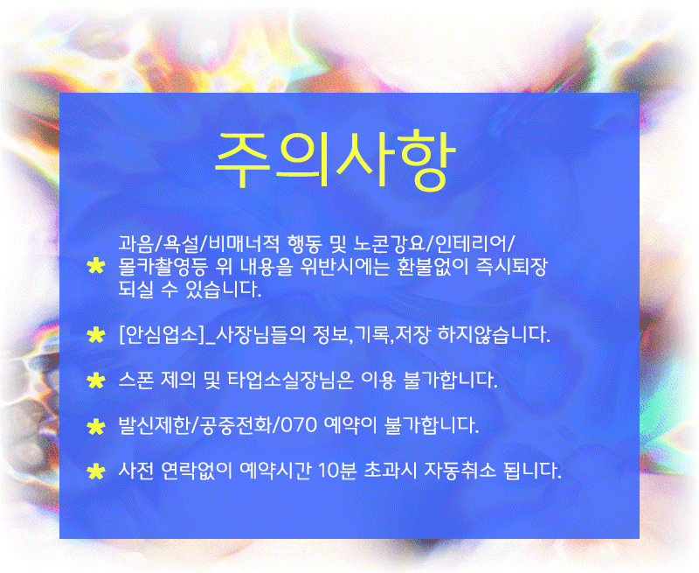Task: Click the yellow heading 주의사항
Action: coord(335,160)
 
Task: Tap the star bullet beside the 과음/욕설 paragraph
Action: coord(96,267)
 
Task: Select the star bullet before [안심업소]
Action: coord(96,335)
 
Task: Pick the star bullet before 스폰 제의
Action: coord(96,381)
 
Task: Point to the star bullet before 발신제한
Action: coord(96,426)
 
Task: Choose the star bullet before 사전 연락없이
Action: coord(96,472)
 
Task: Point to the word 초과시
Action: coord(391,471)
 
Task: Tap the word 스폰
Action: coord(136,381)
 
